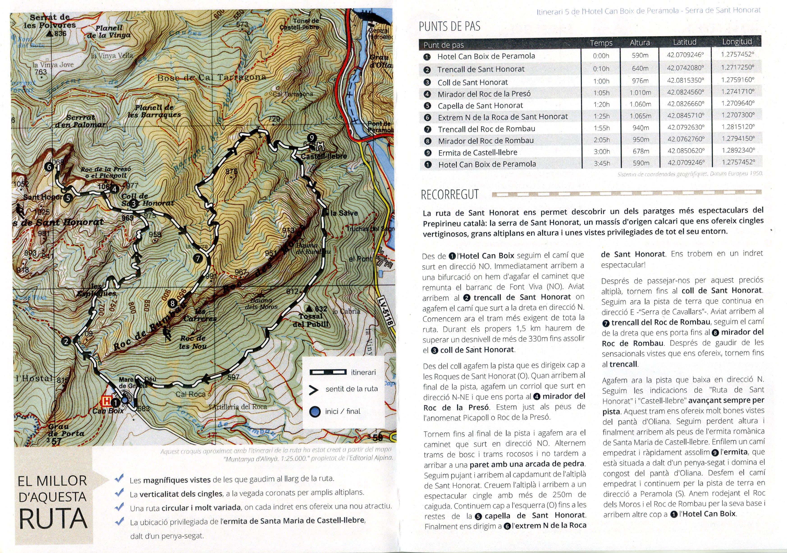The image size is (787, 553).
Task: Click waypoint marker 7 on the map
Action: click(198, 259)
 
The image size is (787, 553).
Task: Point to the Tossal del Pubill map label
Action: click(311, 320)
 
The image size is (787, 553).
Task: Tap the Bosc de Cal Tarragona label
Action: click(211, 77)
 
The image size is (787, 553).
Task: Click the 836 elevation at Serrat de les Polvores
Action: click(60, 33)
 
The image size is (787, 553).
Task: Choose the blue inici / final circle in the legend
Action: click(314, 412)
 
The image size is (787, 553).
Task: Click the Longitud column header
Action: click(737, 42)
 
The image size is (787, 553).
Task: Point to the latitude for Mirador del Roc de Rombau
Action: click(685, 139)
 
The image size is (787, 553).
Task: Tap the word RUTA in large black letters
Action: click(53, 519)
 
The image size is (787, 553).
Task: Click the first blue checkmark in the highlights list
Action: click(119, 478)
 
